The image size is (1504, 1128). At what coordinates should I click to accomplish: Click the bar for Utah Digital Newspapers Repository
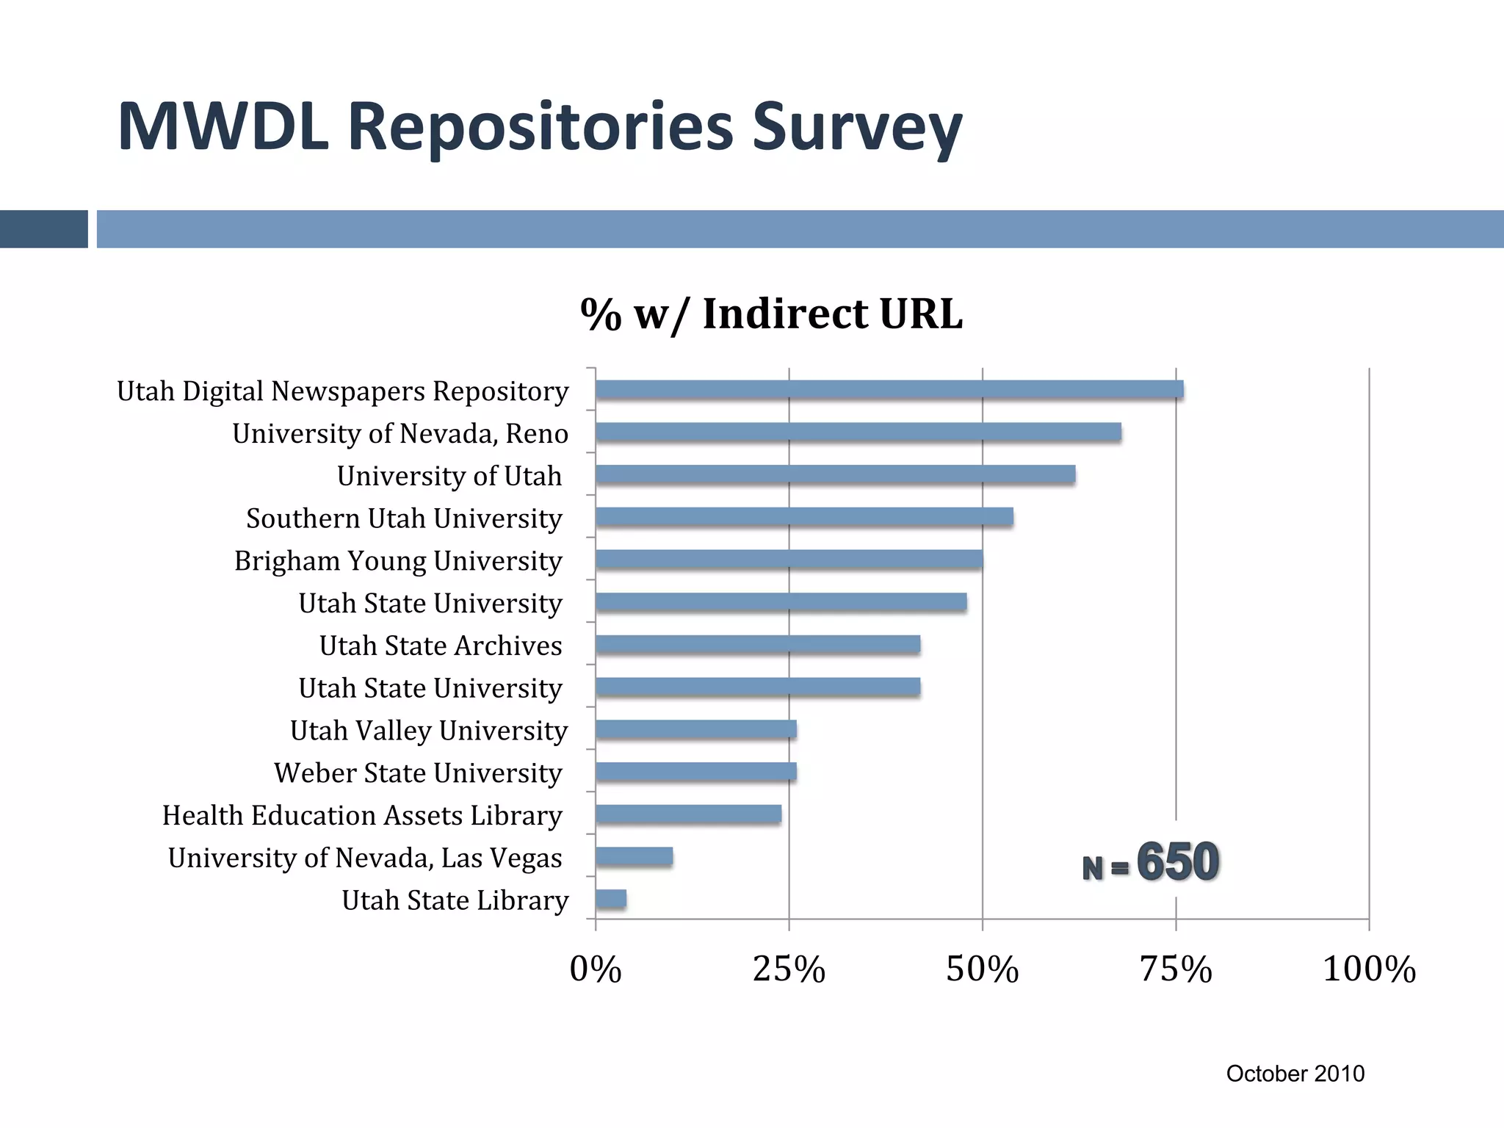pyautogui.click(x=889, y=390)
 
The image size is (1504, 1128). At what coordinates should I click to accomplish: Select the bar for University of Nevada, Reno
pyautogui.click(x=858, y=433)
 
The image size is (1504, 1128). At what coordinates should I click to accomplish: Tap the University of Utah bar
pyautogui.click(x=835, y=475)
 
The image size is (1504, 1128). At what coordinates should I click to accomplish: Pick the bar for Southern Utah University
pyautogui.click(x=804, y=518)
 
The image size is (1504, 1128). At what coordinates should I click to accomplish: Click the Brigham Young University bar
pyautogui.click(x=789, y=560)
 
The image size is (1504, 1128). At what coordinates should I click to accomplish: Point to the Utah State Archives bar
pyautogui.click(x=758, y=645)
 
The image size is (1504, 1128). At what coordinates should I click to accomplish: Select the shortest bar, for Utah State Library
pyautogui.click(x=611, y=900)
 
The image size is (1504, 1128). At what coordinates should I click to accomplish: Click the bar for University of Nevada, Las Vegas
pyautogui.click(x=634, y=857)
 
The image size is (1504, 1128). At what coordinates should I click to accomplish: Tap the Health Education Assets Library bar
pyautogui.click(x=688, y=814)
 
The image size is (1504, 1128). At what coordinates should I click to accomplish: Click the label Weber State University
pyautogui.click(x=418, y=773)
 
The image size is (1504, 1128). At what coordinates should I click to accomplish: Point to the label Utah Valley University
pyautogui.click(x=429, y=731)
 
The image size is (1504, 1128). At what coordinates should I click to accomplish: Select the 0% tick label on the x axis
pyautogui.click(x=596, y=969)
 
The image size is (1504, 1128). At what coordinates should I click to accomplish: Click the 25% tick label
pyautogui.click(x=789, y=969)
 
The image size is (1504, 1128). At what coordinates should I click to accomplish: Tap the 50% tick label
pyautogui.click(x=982, y=969)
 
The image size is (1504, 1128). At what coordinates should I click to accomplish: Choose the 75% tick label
pyautogui.click(x=1175, y=969)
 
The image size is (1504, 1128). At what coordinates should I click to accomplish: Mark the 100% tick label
pyautogui.click(x=1369, y=969)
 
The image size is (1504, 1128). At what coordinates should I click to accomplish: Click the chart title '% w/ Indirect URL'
pyautogui.click(x=771, y=314)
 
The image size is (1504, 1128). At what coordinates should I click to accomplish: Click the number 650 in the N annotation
pyautogui.click(x=1178, y=861)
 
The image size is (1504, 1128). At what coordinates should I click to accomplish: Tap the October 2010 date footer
pyautogui.click(x=1295, y=1074)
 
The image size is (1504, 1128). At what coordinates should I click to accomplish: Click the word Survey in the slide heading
pyautogui.click(x=856, y=128)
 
